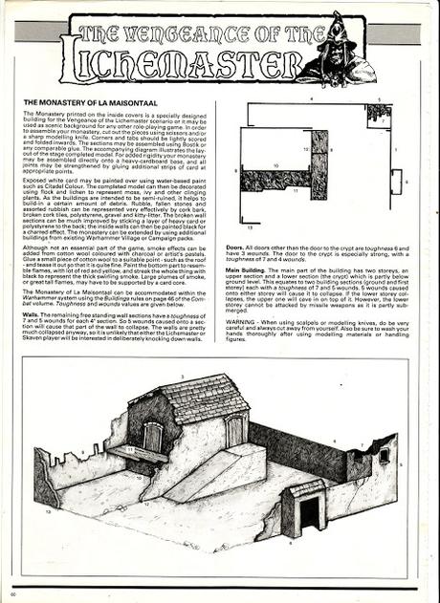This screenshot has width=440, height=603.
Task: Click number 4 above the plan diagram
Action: (311, 98)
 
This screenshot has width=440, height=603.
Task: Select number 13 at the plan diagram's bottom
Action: (250, 228)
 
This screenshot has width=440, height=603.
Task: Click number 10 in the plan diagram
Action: (276, 166)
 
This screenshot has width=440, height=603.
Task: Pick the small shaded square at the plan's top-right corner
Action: (379, 114)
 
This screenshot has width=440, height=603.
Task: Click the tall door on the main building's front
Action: (234, 431)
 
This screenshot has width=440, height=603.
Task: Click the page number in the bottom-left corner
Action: (13, 584)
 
